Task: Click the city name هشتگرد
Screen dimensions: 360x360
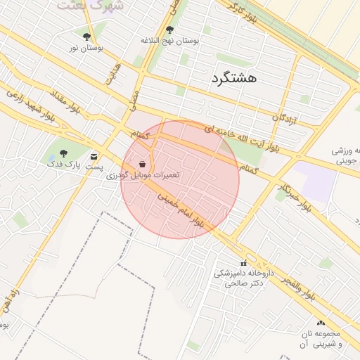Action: [x=233, y=78]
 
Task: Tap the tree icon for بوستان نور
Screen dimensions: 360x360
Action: [x=86, y=37]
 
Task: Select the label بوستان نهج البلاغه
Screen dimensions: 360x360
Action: [x=169, y=41]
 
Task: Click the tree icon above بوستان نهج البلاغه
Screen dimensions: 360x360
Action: [x=169, y=30]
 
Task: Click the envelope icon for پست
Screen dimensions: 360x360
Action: [x=94, y=156]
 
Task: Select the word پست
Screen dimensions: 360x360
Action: [x=94, y=167]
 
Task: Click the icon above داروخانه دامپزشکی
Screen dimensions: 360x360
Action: [x=243, y=263]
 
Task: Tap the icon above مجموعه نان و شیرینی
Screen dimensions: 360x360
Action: [x=321, y=322]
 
